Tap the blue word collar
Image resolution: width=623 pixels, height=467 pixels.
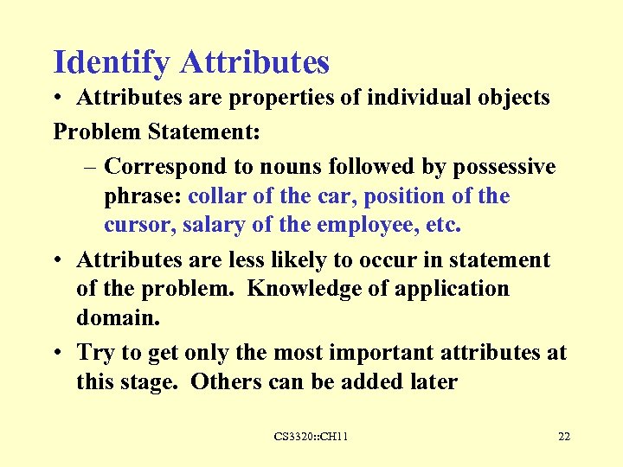pos(217,196)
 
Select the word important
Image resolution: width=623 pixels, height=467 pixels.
pos(394,353)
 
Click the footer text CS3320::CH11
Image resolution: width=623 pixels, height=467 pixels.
pos(311,437)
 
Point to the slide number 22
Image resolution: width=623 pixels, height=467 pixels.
pos(563,437)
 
